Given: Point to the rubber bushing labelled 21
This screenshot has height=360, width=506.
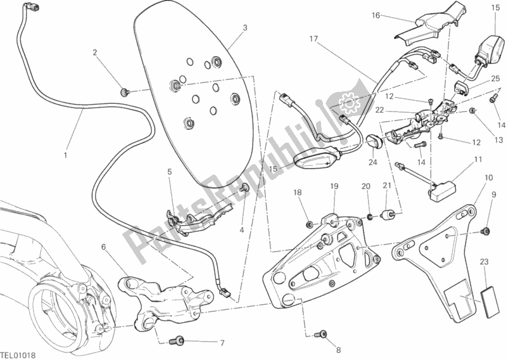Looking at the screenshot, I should point(388,214).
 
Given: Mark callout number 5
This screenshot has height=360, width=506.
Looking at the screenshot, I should point(169,171).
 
